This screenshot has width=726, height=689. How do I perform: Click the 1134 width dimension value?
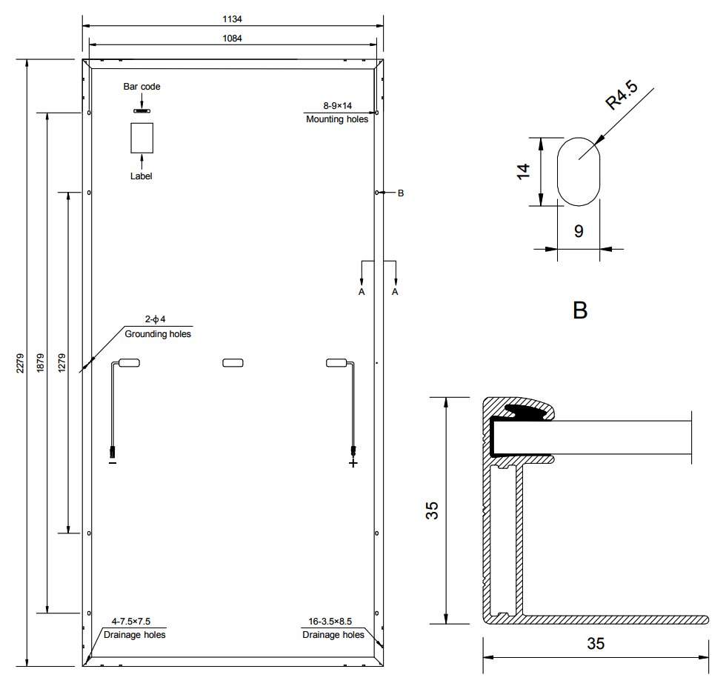click(x=232, y=19)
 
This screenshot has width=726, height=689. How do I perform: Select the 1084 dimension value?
click(x=232, y=39)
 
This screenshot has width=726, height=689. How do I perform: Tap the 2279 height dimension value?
click(x=21, y=364)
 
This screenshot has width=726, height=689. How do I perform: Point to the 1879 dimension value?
click(x=41, y=362)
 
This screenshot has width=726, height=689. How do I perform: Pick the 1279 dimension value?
click(x=62, y=362)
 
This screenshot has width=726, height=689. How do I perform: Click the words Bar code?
click(x=141, y=87)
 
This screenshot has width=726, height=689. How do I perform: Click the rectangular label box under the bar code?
click(x=141, y=138)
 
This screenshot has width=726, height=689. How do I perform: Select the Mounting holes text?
click(x=337, y=119)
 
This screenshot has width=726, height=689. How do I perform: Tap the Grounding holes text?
click(x=158, y=334)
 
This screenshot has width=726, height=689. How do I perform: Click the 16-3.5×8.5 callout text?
click(x=330, y=622)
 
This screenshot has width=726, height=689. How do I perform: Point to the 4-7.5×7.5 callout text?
click(x=131, y=622)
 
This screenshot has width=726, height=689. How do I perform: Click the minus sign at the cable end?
click(x=113, y=462)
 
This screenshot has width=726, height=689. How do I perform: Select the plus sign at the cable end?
click(x=353, y=463)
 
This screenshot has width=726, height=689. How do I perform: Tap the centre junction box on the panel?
click(x=233, y=363)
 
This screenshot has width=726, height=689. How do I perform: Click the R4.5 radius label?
click(x=622, y=95)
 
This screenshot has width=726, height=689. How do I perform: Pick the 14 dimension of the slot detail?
click(x=523, y=172)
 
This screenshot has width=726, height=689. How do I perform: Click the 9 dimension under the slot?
click(x=579, y=231)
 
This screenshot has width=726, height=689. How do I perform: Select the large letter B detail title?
click(x=580, y=310)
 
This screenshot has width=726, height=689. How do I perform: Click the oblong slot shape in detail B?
click(x=557, y=172)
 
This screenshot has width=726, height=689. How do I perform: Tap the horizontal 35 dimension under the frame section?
click(x=596, y=644)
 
